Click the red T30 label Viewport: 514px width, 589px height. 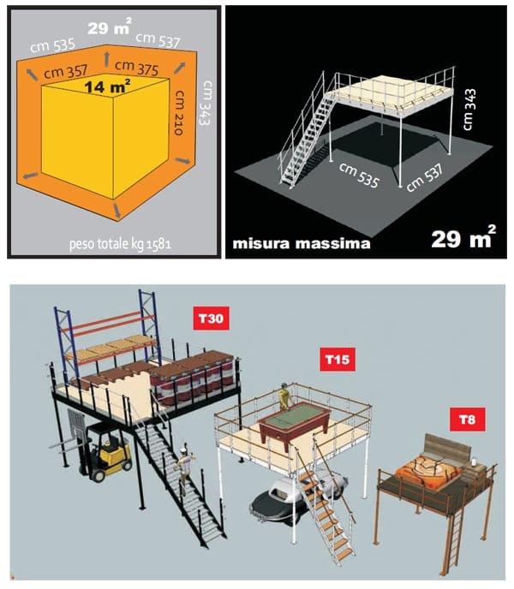pyautogui.click(x=211, y=318)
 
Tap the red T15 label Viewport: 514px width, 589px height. pyautogui.click(x=338, y=360)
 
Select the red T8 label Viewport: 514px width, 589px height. pyautogui.click(x=468, y=419)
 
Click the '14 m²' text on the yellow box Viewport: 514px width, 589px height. pyautogui.click(x=107, y=86)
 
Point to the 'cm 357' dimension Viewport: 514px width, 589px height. pyautogui.click(x=65, y=71)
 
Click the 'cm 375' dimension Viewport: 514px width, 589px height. pyautogui.click(x=136, y=68)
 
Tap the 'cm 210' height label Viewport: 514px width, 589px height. pyautogui.click(x=179, y=112)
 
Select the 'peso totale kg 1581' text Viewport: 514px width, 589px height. pyautogui.click(x=120, y=244)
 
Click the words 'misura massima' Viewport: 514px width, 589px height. pyautogui.click(x=302, y=243)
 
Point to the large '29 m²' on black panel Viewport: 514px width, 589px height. pyautogui.click(x=463, y=237)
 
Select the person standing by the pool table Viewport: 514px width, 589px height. pyautogui.click(x=284, y=396)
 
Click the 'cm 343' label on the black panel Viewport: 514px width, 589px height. pyautogui.click(x=469, y=110)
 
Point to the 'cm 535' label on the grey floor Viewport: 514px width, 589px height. pyautogui.click(x=359, y=175)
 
